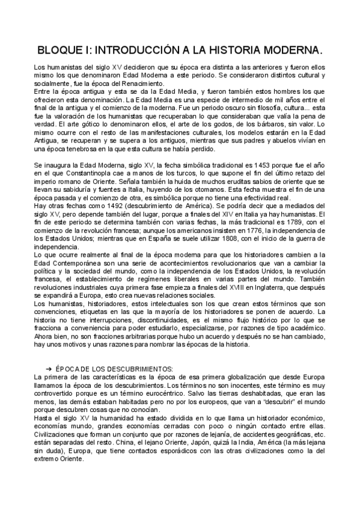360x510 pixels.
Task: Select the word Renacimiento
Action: pyautogui.click(x=144, y=84)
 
